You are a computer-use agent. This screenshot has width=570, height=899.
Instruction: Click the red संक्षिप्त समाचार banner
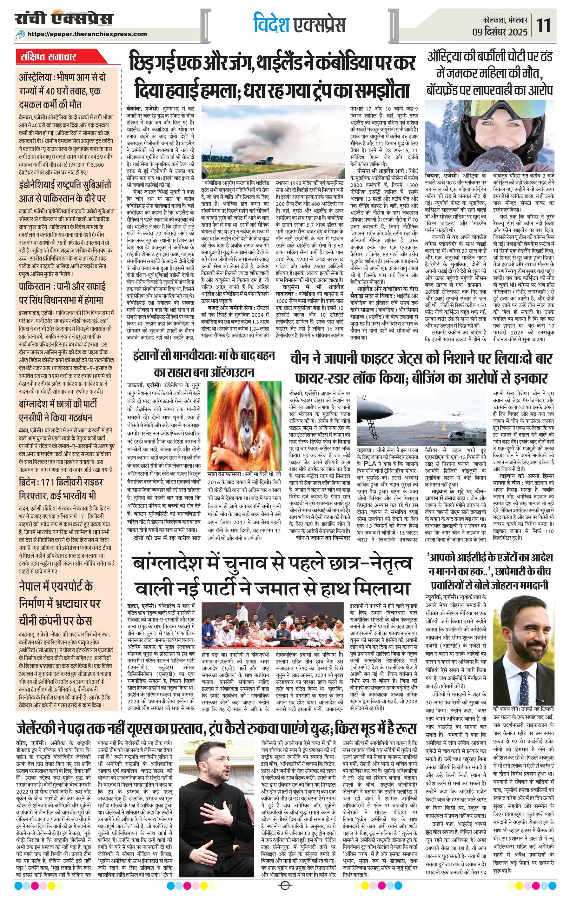[48, 57]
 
